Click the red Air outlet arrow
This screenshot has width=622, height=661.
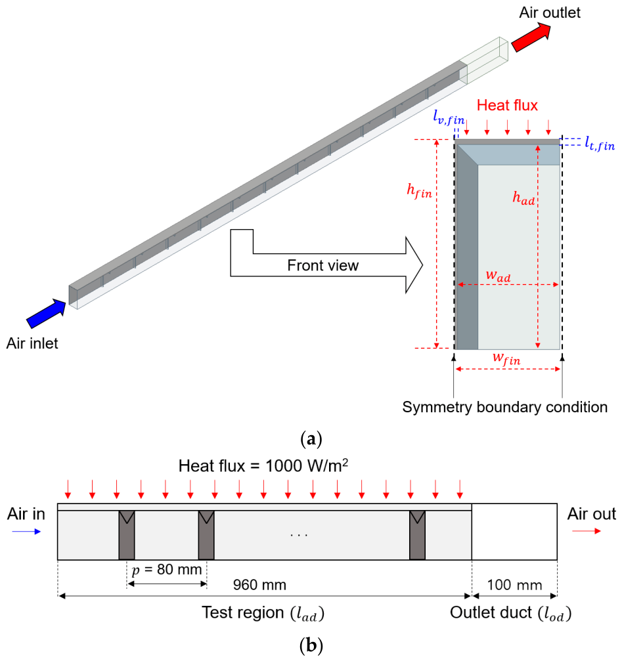(x=531, y=37)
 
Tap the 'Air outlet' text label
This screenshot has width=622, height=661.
(x=550, y=12)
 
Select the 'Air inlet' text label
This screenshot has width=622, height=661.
(x=32, y=343)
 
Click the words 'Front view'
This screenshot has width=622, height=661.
(x=322, y=265)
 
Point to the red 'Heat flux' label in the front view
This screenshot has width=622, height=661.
(x=507, y=105)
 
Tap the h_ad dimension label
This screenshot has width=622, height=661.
(x=523, y=198)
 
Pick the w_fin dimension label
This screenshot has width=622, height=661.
(x=507, y=358)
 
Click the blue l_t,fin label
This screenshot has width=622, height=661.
(x=600, y=143)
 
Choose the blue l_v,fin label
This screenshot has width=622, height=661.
(x=449, y=117)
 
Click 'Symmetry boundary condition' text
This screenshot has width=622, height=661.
(x=505, y=407)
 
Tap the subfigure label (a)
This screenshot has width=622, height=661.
(x=311, y=439)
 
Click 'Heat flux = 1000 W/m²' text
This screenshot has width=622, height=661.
(x=263, y=466)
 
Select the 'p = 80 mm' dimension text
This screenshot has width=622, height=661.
(x=167, y=570)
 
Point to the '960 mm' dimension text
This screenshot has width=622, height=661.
(x=259, y=585)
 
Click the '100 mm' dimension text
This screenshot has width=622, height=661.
(x=514, y=585)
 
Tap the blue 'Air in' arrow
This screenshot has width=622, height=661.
(x=26, y=531)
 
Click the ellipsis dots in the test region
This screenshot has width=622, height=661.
(x=299, y=536)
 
